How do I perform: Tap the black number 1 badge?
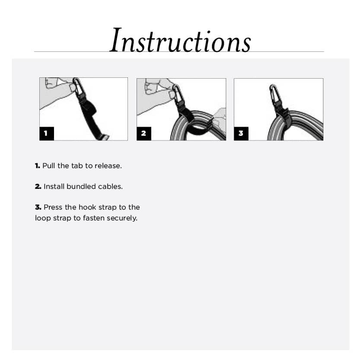pyautogui.click(x=46, y=134)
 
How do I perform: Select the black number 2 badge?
pyautogui.click(x=143, y=134)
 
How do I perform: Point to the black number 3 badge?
pyautogui.click(x=241, y=134)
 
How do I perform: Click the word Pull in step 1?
pyautogui.click(x=48, y=166)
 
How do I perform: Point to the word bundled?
pyautogui.click(x=81, y=187)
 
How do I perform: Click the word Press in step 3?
pyautogui.click(x=53, y=207)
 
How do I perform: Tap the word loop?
pyautogui.click(x=42, y=218)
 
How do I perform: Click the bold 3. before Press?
pyautogui.click(x=38, y=207)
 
